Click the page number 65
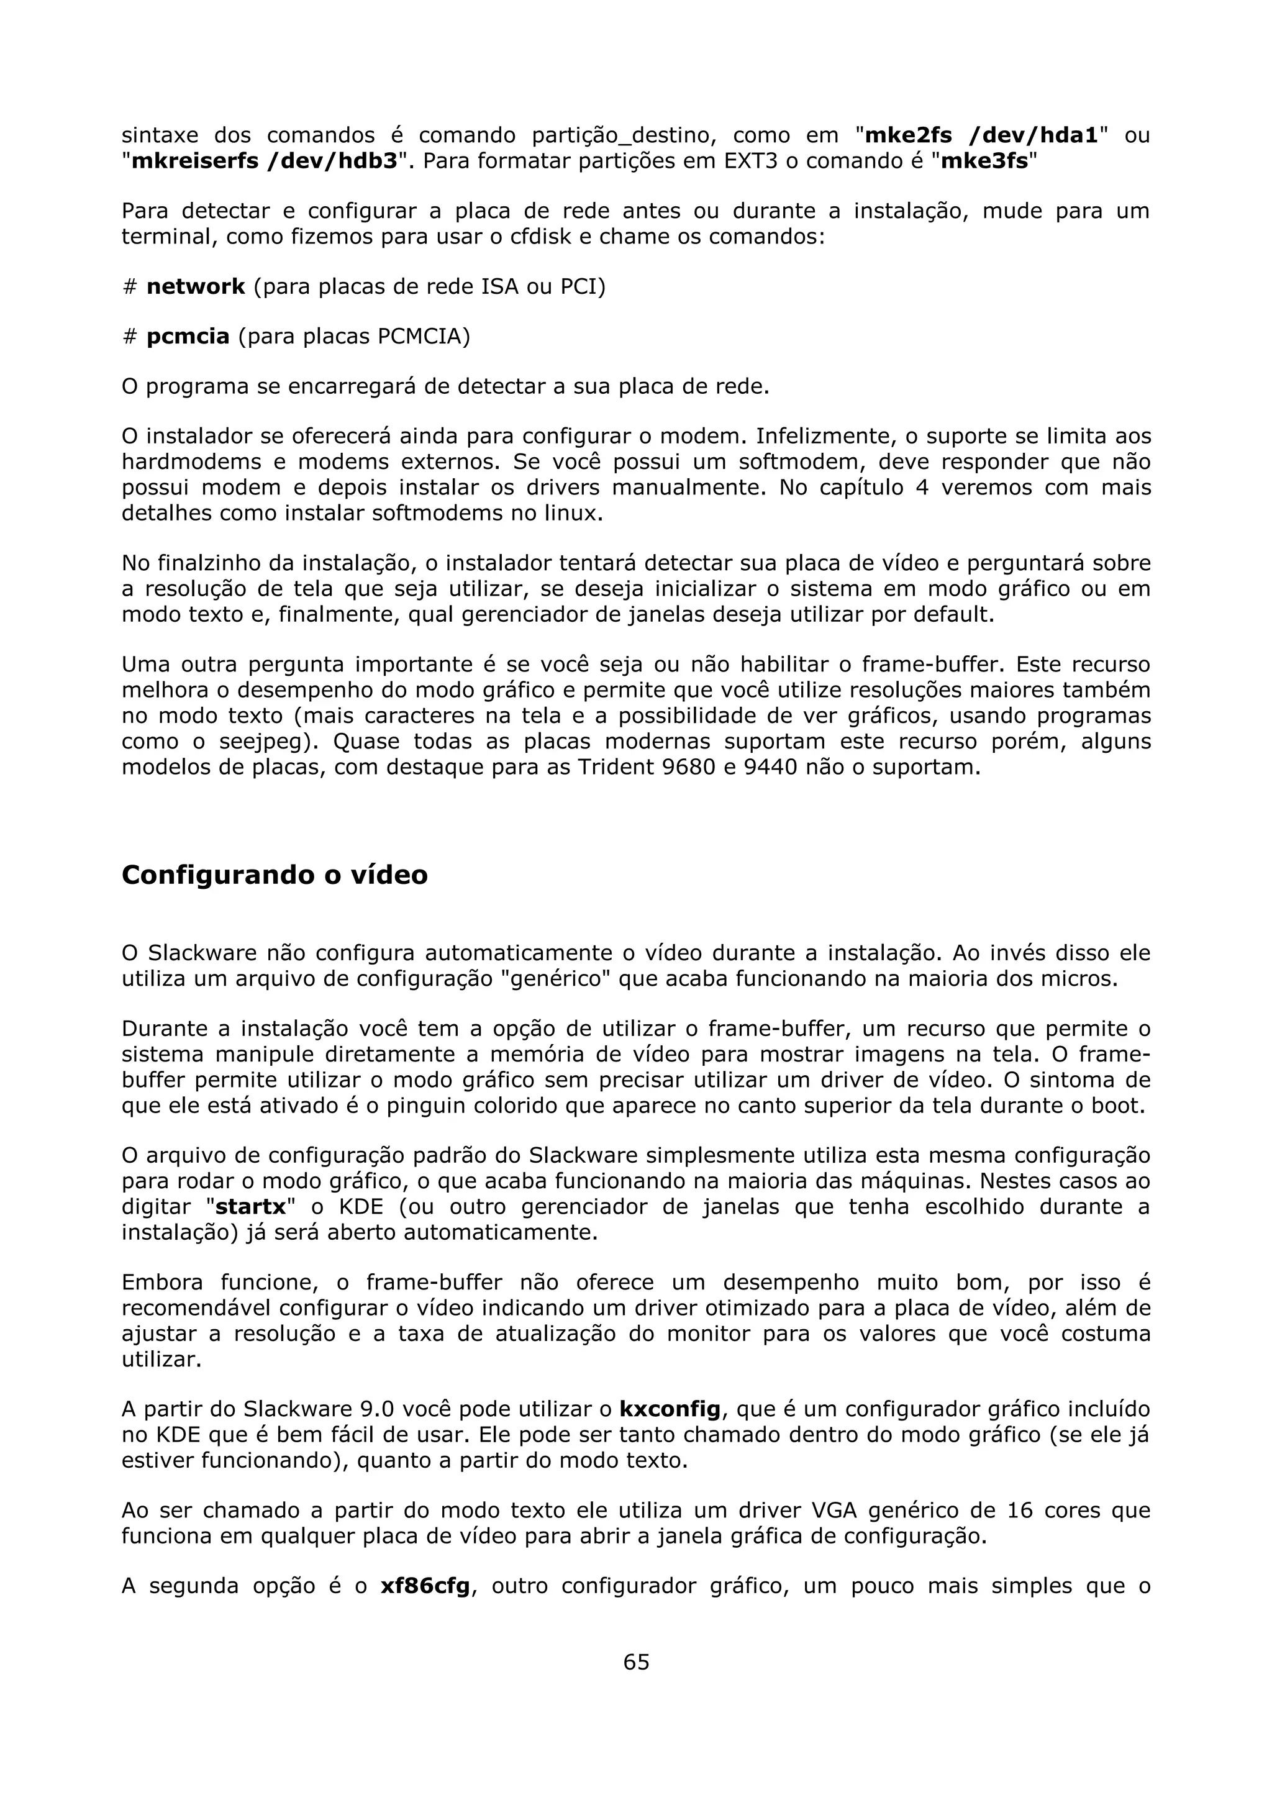point(635,1661)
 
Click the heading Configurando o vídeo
point(275,875)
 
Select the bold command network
point(196,287)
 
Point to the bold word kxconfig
point(670,1409)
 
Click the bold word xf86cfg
point(425,1586)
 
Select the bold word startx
point(251,1207)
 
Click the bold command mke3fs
point(984,161)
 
